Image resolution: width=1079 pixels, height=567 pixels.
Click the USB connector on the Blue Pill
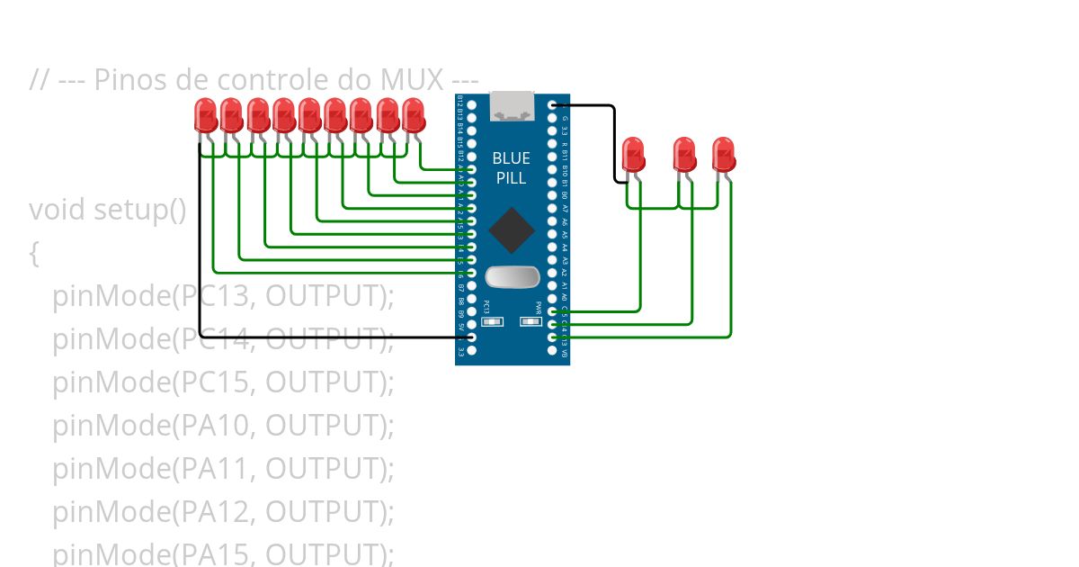512,107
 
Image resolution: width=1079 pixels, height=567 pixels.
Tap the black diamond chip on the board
511,230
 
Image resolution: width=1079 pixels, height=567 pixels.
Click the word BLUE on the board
511,158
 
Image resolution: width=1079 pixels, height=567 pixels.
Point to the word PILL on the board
511,177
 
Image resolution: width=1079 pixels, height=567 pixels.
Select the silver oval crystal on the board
512,278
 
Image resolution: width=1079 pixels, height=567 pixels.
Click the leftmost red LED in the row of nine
206,116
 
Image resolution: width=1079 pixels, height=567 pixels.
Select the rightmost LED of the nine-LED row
414,116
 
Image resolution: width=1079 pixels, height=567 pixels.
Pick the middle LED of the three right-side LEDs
685,155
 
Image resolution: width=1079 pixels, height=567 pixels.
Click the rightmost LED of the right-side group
724,155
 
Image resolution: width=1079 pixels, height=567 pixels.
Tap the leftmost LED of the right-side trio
634,155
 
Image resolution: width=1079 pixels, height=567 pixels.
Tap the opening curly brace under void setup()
34,254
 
